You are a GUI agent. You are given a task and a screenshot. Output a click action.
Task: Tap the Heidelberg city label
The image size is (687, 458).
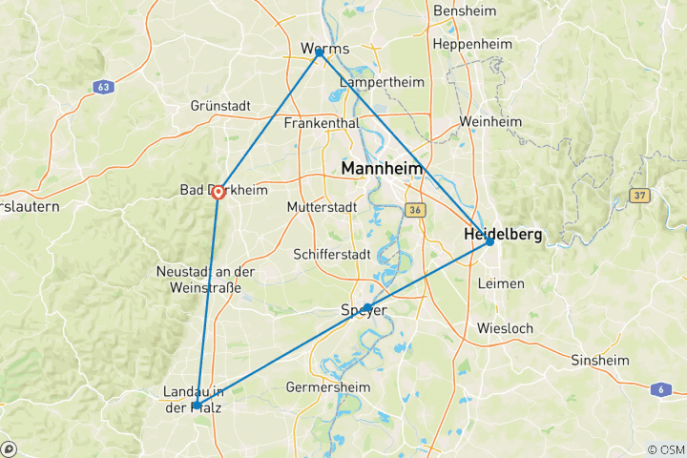pos(502,234)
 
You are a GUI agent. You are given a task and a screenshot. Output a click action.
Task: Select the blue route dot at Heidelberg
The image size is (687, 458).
pos(489,241)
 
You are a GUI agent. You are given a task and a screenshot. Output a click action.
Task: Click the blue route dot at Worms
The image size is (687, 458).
pos(320,52)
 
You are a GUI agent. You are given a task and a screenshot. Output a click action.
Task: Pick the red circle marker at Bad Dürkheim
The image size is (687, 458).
pos(219,192)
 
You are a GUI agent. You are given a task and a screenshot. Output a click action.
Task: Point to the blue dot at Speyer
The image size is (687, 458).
pos(367,307)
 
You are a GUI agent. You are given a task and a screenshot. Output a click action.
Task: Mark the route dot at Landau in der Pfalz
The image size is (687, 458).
pos(197,406)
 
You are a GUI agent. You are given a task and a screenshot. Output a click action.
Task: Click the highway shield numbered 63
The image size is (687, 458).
pos(102,87)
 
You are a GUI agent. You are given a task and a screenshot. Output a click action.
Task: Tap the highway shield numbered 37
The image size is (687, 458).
pos(638,195)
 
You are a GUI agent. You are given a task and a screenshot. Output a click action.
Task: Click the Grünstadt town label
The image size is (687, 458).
pos(220,106)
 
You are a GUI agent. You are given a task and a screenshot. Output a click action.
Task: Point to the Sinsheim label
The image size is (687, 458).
pos(599,360)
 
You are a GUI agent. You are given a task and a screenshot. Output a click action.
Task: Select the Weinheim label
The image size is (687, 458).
pos(490,122)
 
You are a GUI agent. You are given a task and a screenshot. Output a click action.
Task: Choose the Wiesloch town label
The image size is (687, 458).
pos(506,329)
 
